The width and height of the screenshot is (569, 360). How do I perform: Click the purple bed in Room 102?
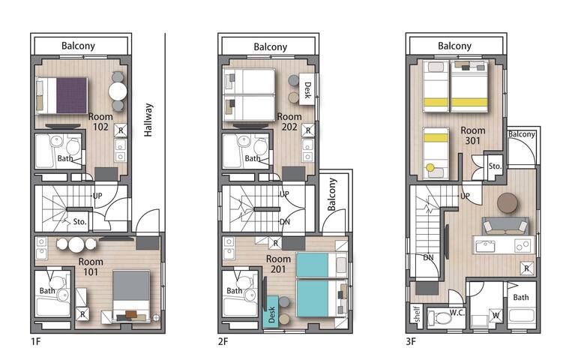tap(62, 95)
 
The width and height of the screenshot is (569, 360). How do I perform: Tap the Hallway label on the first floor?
tap(148, 120)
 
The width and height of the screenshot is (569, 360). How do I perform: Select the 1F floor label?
tap(35, 341)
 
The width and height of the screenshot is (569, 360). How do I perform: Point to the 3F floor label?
tap(410, 341)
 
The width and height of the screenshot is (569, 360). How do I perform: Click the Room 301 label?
tap(473, 135)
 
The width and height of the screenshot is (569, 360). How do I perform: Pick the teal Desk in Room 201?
tap(271, 313)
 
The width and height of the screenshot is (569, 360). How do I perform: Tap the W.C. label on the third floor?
tap(457, 313)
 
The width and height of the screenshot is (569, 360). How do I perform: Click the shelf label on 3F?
tap(417, 314)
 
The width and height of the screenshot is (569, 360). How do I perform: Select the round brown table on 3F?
tap(508, 202)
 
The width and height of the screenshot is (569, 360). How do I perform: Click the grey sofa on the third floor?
tap(505, 226)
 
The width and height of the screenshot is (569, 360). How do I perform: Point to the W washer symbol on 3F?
tap(496, 315)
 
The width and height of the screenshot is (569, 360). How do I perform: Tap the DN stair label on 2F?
tap(285, 222)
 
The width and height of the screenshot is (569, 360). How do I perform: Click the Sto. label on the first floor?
tap(79, 221)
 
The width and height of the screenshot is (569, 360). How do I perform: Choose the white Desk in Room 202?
tap(307, 89)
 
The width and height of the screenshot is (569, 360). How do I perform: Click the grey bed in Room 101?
tap(131, 295)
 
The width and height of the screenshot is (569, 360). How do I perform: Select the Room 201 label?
tap(278, 264)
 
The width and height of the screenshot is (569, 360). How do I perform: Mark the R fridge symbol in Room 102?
tap(121, 130)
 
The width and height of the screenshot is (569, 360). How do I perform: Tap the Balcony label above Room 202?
tap(271, 46)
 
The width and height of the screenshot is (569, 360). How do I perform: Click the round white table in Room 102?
tap(118, 91)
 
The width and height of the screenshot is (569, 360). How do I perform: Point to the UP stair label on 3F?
tap(465, 196)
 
